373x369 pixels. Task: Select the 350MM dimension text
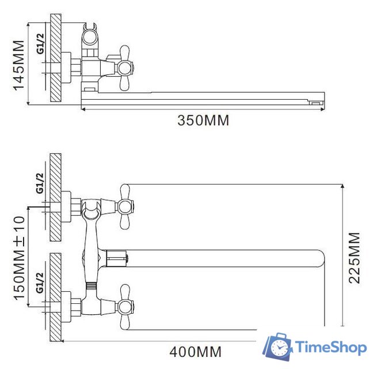click(x=203, y=121)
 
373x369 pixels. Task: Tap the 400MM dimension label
click(x=195, y=351)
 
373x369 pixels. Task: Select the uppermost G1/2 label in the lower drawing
click(x=40, y=183)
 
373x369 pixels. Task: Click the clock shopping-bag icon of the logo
click(x=279, y=347)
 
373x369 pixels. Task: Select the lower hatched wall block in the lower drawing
click(x=56, y=297)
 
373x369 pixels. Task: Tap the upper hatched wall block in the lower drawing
click(x=56, y=197)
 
